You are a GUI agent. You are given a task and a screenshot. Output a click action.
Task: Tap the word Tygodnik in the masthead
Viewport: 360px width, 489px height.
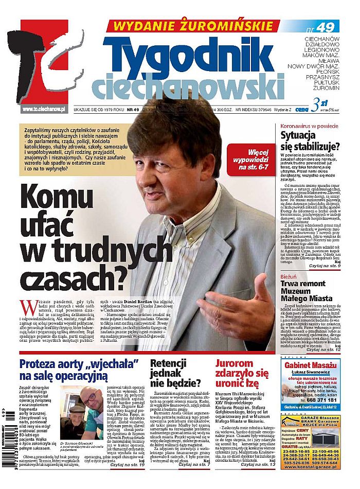tap(189, 54)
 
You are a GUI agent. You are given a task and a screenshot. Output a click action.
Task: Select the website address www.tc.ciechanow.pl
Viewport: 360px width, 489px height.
tap(44, 109)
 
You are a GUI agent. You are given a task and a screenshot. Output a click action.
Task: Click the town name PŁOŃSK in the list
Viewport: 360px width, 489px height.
tap(326, 73)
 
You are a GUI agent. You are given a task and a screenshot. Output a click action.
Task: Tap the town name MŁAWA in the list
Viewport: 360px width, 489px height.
tap(327, 59)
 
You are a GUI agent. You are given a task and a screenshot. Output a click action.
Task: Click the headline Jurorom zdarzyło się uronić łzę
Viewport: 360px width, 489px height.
tap(242, 373)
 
